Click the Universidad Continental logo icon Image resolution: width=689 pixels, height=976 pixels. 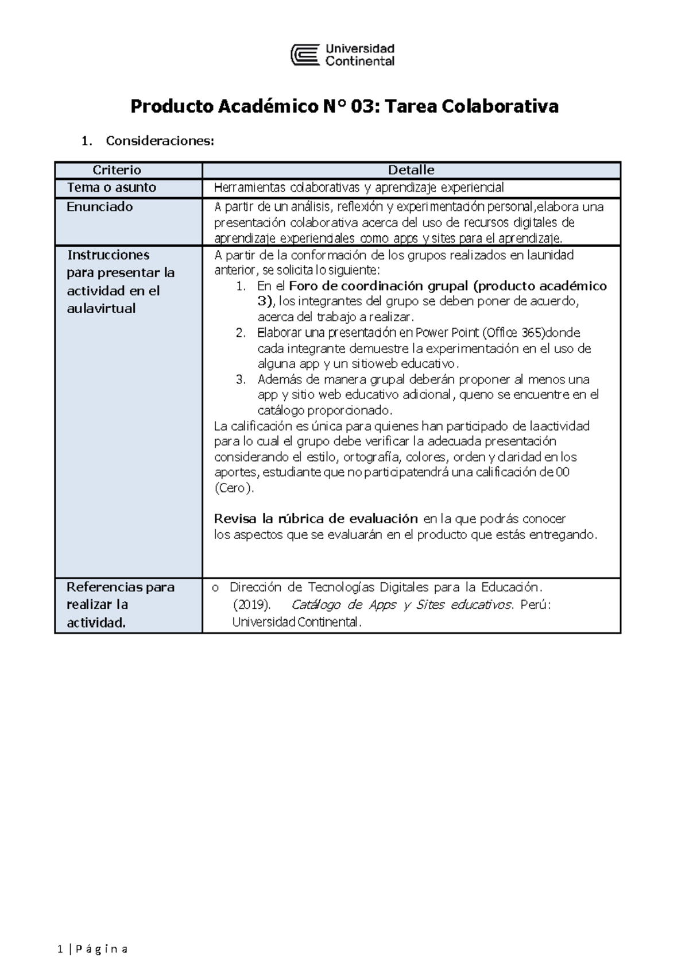(x=305, y=55)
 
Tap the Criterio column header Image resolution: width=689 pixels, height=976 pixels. (x=117, y=170)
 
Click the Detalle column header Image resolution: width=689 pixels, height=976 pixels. (x=411, y=170)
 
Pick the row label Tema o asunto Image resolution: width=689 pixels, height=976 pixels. (x=111, y=187)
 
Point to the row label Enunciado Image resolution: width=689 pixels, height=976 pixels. (x=99, y=207)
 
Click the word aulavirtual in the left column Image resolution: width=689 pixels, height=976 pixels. (x=101, y=309)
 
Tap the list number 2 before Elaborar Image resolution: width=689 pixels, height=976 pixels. (x=241, y=333)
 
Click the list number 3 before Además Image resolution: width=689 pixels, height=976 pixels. (x=241, y=379)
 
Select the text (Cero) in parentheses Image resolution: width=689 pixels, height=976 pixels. (x=233, y=488)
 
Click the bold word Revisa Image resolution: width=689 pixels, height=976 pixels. (x=235, y=518)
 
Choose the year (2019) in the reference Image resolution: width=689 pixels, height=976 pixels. (x=251, y=605)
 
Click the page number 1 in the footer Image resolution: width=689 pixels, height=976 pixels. (x=60, y=949)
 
